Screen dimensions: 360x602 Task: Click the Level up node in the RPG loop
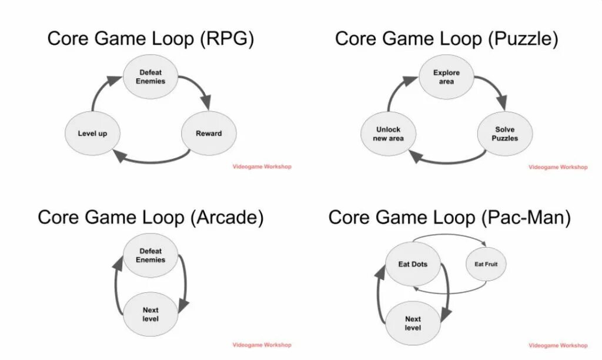[x=92, y=134]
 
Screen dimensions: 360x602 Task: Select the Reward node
[x=209, y=134]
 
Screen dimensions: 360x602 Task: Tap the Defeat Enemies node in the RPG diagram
[x=150, y=77]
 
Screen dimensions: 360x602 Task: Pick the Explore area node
[x=446, y=77]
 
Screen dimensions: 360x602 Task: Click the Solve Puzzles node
[x=505, y=134]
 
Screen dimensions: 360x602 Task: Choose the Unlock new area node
[x=388, y=134]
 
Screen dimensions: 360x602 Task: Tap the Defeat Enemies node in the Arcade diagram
[x=150, y=255]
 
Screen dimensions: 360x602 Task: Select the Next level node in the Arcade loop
[x=150, y=314]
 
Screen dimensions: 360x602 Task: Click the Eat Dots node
[x=413, y=265]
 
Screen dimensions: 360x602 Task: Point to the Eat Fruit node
[x=486, y=265]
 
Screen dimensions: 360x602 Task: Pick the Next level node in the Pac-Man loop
[x=413, y=324]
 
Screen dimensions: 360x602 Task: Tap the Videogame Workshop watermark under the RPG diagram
[x=262, y=167]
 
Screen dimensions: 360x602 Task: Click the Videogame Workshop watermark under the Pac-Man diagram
[x=558, y=345]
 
